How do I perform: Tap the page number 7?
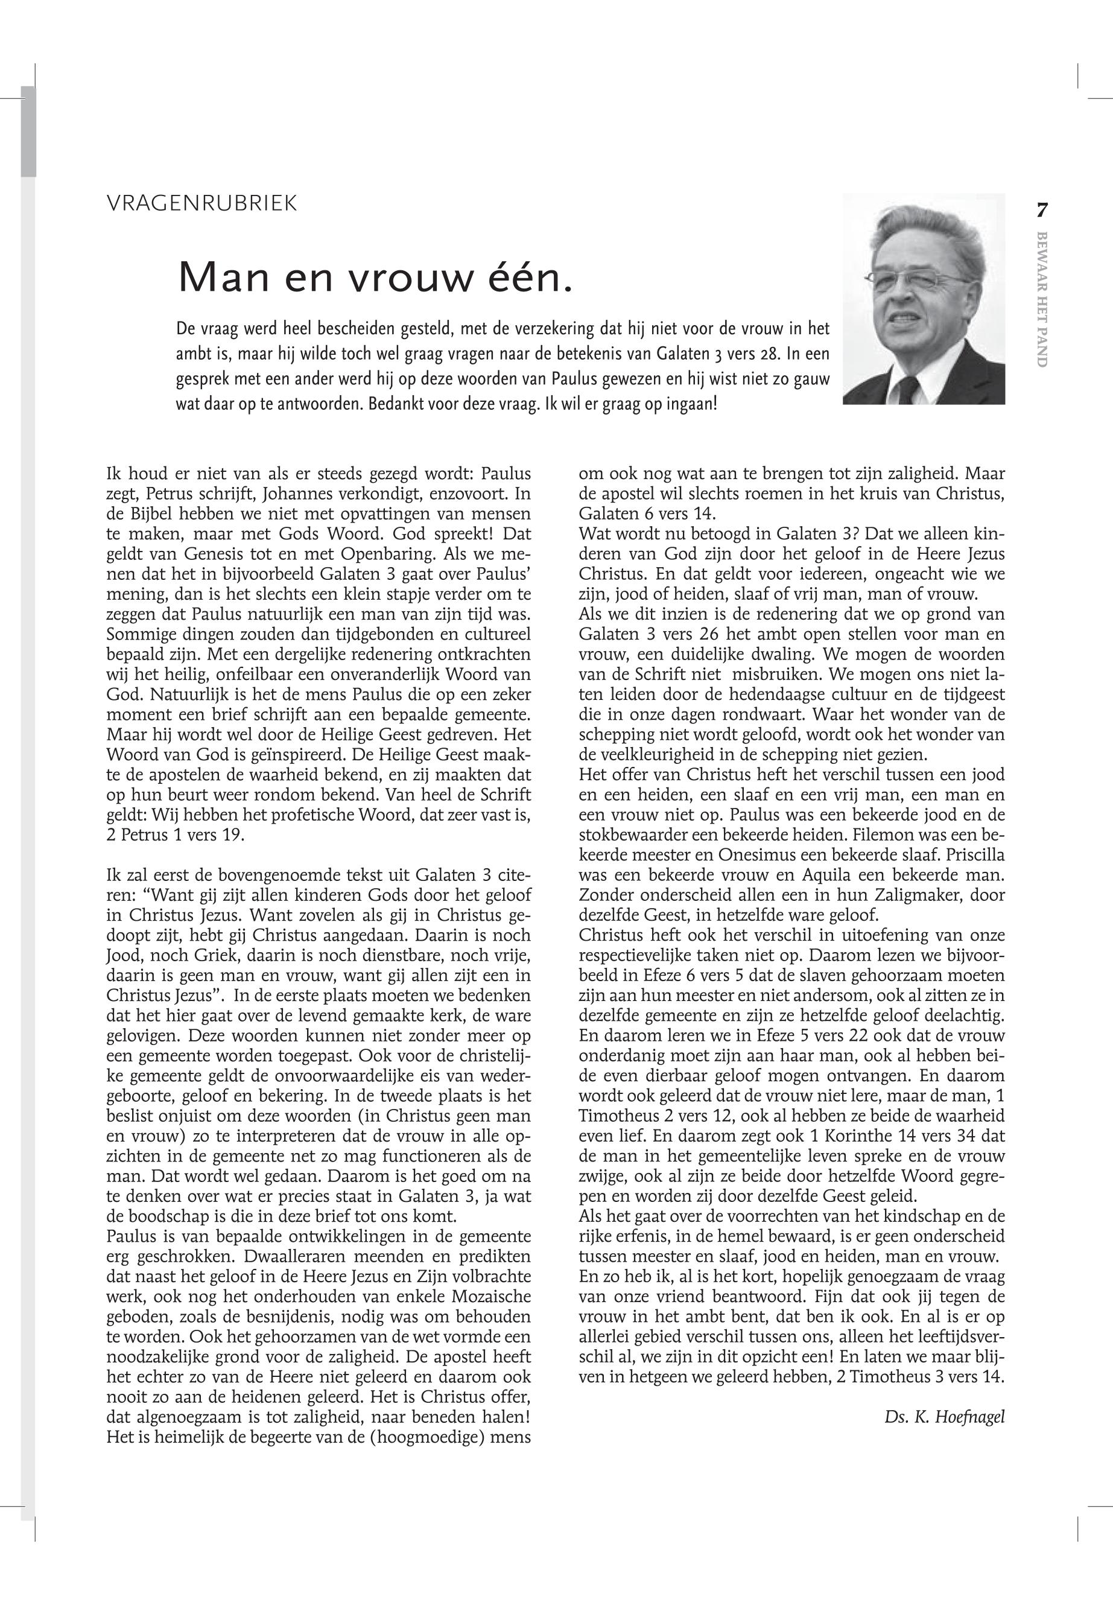(x=1042, y=209)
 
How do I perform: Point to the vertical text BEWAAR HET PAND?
(x=1042, y=299)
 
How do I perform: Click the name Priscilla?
(x=970, y=854)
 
